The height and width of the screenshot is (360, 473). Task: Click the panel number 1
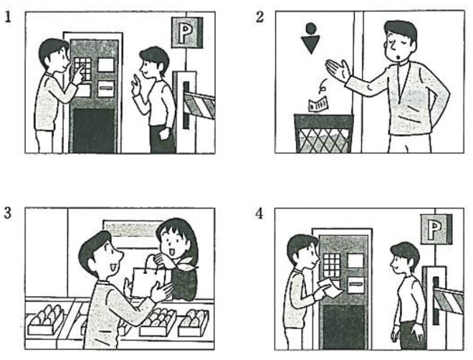pos(8,17)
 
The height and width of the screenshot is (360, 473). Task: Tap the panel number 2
pos(259,17)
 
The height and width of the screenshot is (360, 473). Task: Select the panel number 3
pos(8,213)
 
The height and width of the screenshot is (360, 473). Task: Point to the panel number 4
pos(259,214)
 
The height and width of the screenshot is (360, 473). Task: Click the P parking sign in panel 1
pos(187,32)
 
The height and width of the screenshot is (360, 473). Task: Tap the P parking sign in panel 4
pos(436,229)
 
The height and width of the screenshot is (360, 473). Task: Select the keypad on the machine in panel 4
pos(332,265)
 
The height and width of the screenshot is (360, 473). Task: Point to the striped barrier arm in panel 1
pos(199,105)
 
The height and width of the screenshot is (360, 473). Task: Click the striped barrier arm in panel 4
pos(449,300)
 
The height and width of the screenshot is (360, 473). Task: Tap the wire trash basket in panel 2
pos(324,133)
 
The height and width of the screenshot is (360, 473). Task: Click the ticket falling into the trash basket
pos(318,104)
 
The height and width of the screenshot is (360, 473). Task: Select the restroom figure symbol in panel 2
pos(311,38)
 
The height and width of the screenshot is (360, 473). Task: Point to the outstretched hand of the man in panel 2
pos(338,70)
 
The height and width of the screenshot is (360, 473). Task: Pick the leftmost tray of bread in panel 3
pos(46,320)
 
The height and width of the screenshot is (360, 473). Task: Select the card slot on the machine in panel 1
pos(106,88)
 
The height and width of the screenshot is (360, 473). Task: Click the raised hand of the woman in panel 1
pos(136,85)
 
